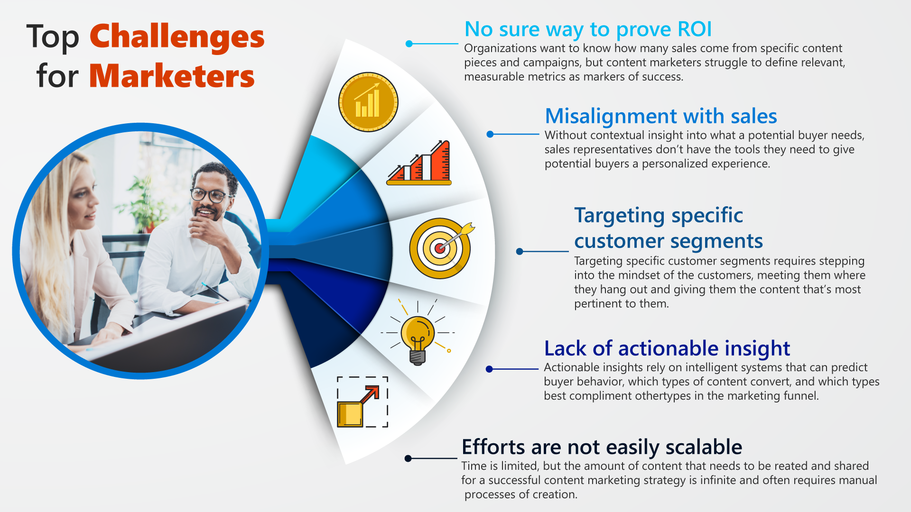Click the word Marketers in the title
172,76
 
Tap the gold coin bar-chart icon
368,102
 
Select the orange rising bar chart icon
419,163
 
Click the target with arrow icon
441,248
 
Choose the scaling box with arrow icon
363,402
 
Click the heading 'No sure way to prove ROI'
588,29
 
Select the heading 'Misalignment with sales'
661,116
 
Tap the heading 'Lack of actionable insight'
667,348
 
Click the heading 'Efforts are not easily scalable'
602,447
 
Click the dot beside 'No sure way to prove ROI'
409,44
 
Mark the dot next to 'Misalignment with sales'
490,134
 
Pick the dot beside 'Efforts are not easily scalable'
408,458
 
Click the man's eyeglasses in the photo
211,195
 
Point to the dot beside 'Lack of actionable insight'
489,369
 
